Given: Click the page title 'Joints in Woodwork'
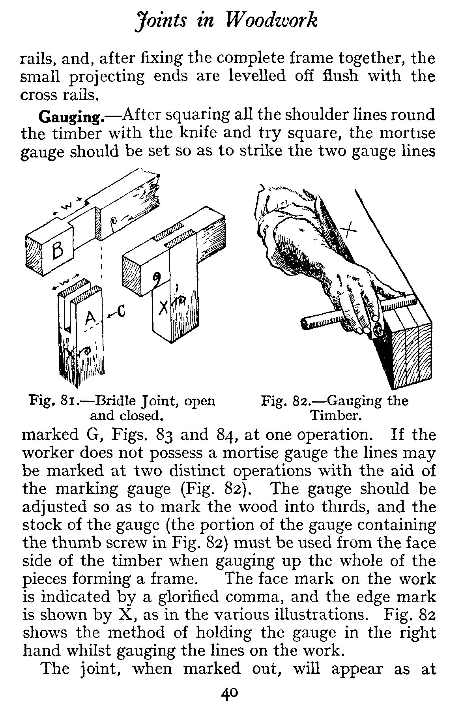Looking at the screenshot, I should click(225, 21).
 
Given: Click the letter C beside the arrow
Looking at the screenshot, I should click(121, 313).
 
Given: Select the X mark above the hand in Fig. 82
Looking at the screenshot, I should click(348, 228).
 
